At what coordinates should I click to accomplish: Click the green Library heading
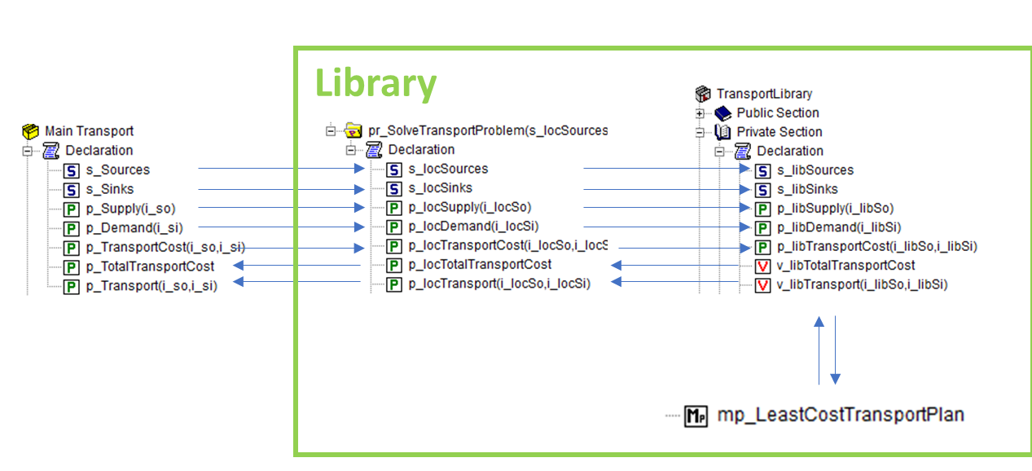375,83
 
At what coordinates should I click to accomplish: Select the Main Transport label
89,131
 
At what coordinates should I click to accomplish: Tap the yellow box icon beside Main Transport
30,132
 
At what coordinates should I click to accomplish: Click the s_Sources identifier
117,170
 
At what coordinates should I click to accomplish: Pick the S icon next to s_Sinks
71,190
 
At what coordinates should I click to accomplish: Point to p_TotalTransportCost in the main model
150,266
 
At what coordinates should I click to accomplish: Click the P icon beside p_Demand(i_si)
71,229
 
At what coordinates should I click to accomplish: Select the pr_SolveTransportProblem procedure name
487,131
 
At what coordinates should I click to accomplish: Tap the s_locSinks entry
440,188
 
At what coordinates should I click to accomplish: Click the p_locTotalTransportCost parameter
480,265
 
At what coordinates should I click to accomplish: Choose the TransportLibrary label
764,94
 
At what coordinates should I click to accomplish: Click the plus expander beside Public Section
700,113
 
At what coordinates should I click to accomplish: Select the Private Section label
779,132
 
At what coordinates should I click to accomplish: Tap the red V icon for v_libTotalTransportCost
762,266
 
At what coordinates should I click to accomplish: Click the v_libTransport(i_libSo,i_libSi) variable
862,285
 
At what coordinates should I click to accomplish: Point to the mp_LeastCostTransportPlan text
841,415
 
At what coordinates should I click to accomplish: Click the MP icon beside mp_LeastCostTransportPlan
696,416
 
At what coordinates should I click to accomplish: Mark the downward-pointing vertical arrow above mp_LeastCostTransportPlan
835,350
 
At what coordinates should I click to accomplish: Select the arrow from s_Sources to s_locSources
282,168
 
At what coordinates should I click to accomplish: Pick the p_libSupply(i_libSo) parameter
835,209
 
